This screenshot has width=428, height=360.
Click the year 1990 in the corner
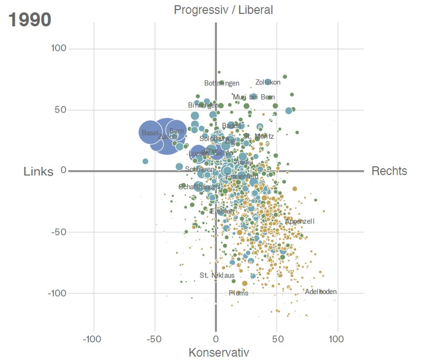(30, 20)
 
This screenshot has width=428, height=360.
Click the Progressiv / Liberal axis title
(223, 10)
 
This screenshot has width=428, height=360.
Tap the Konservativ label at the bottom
(219, 353)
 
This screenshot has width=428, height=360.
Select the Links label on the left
(38, 171)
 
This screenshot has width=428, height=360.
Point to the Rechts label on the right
(389, 171)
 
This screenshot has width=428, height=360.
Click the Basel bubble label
(151, 133)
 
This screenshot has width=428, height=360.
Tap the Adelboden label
(321, 292)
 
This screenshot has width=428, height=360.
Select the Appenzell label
(300, 222)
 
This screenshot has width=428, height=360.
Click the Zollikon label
(268, 82)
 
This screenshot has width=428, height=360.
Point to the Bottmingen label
(222, 83)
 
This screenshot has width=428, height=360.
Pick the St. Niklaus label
(217, 276)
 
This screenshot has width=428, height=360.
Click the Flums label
(238, 293)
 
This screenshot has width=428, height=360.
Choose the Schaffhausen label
(199, 187)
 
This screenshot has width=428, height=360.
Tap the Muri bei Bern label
(253, 97)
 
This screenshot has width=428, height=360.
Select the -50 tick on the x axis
(153, 339)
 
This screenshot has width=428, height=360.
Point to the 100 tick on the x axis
(336, 339)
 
